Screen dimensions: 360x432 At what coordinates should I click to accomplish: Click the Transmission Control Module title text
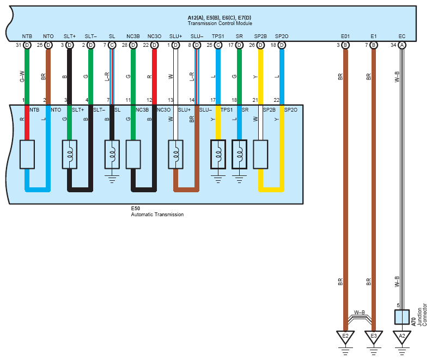pos(220,23)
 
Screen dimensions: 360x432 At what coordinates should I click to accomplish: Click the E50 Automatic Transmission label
pos(157,215)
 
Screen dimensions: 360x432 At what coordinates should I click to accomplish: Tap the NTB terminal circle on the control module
pos(27,45)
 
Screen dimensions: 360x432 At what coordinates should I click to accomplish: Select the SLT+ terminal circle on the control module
pos(69,45)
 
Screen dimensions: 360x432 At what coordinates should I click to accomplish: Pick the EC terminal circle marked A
pos(402,45)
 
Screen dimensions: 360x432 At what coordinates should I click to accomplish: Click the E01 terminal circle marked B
pos(345,45)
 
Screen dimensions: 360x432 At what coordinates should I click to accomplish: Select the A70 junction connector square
pos(402,318)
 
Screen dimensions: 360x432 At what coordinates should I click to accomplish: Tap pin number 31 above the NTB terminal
pos(18,45)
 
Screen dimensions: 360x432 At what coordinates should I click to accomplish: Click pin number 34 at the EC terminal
pos(393,45)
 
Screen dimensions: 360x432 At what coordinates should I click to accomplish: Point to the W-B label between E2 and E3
pos(359,312)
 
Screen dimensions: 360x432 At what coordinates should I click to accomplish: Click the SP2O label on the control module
pos(282,36)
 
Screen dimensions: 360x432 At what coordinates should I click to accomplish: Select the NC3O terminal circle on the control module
pos(154,45)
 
